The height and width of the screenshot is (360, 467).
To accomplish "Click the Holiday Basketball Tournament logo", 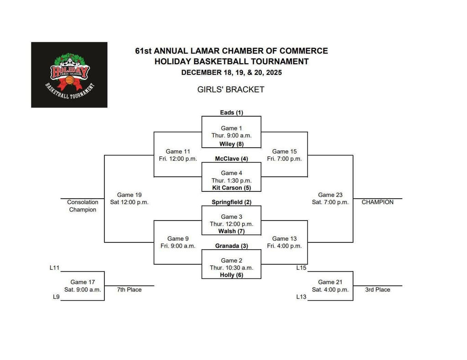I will pos(69,75).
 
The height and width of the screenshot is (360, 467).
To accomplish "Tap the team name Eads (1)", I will pos(232,113).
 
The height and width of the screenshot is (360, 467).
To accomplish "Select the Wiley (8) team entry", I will pos(232,144).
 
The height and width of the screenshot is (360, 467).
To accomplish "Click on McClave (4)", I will pos(232,159).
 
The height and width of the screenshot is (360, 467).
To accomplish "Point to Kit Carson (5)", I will pos(232,187).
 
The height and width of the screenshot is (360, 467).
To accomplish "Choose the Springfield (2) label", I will pos(232,202).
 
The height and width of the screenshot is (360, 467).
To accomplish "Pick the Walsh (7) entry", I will pos(232,231).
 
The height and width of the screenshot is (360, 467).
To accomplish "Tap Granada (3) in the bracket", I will pos(232,246).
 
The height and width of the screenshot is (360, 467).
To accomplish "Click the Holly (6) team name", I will pos(232,275).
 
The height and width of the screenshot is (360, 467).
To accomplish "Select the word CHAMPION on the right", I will pos(378,202).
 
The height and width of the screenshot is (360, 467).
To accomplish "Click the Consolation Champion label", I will pos(83,206).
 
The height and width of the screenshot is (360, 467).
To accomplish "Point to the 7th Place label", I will pos(129,290).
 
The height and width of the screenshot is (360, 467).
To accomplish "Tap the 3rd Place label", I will pos(378,290).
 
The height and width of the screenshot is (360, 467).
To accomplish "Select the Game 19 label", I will pos(129,195).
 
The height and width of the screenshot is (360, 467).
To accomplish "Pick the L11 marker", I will pos(55,268).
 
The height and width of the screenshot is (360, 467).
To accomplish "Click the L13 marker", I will pos(301,297).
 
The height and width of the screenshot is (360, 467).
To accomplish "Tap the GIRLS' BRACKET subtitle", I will pos(231,90).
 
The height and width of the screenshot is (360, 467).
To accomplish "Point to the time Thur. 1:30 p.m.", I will pos(231,180).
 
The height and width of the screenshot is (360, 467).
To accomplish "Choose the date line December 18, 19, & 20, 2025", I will pos(231,72).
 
